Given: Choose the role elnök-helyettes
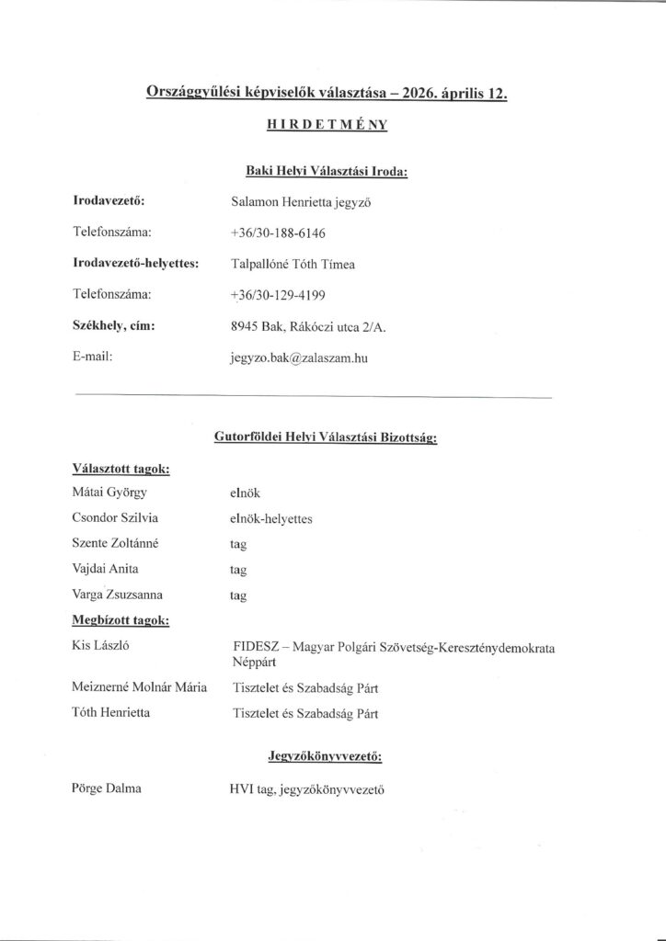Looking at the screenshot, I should (x=272, y=519).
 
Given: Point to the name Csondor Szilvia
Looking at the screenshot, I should (x=115, y=518).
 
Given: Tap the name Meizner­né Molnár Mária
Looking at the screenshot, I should (x=139, y=686).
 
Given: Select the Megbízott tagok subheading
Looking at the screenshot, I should (x=119, y=621).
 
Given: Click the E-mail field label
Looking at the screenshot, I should (x=92, y=357).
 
